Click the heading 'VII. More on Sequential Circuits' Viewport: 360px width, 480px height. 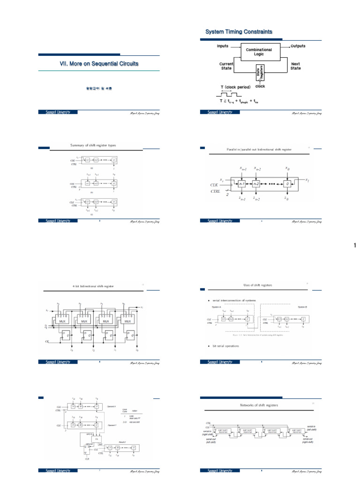(99, 63)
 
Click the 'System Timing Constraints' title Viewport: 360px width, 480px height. (239, 31)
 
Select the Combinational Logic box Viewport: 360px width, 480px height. (260, 52)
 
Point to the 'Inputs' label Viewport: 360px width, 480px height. (223, 46)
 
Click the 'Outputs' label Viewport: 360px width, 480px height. (298, 46)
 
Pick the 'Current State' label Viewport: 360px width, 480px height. (226, 66)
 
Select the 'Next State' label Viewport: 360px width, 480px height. (296, 66)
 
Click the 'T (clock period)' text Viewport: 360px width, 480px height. (235, 87)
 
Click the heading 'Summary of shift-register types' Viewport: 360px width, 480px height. (92, 145)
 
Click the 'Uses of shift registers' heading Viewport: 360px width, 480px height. (257, 285)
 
